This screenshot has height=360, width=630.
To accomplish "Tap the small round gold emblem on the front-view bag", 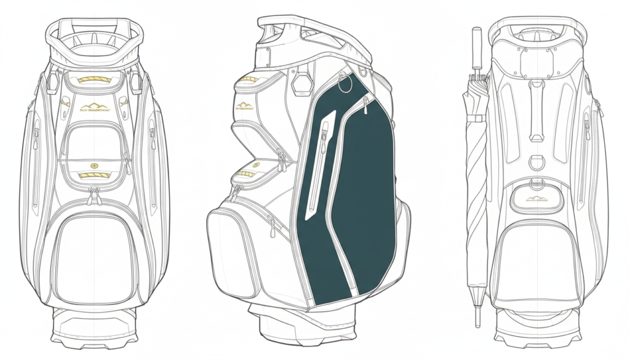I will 94,166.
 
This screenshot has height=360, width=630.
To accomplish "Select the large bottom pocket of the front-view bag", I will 94,258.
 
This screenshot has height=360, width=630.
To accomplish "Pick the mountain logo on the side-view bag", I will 245,105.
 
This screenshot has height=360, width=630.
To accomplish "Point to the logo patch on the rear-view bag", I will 536,198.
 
